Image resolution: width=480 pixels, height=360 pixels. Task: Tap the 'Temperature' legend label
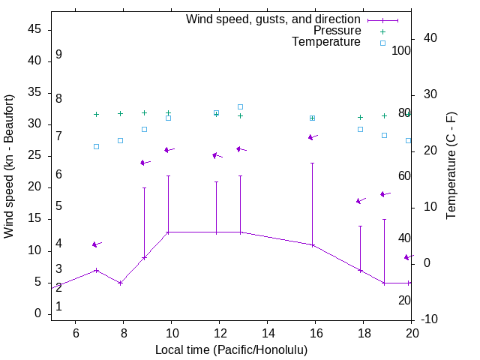click(326, 42)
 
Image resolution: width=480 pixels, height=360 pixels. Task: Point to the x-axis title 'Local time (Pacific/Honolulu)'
click(231, 349)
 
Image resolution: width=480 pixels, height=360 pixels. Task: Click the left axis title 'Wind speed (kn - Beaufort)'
click(9, 166)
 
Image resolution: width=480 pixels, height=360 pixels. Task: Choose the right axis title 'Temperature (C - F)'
click(451, 166)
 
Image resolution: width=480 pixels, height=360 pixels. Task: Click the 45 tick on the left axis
click(34, 29)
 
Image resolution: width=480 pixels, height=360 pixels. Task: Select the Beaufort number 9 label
click(58, 55)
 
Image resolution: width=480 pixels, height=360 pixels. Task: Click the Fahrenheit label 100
click(402, 51)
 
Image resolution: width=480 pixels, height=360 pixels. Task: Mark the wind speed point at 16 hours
click(312, 245)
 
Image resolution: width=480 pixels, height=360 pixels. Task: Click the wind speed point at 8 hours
click(120, 283)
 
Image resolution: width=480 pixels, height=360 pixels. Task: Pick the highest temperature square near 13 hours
click(240, 106)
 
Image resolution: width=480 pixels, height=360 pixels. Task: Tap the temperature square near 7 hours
click(96, 146)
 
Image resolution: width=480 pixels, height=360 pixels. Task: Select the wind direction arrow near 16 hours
click(313, 137)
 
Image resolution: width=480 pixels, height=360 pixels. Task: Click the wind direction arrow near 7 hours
click(96, 244)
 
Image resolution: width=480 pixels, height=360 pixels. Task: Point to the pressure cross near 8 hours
click(120, 114)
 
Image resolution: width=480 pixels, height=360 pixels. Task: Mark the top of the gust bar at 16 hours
click(312, 163)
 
